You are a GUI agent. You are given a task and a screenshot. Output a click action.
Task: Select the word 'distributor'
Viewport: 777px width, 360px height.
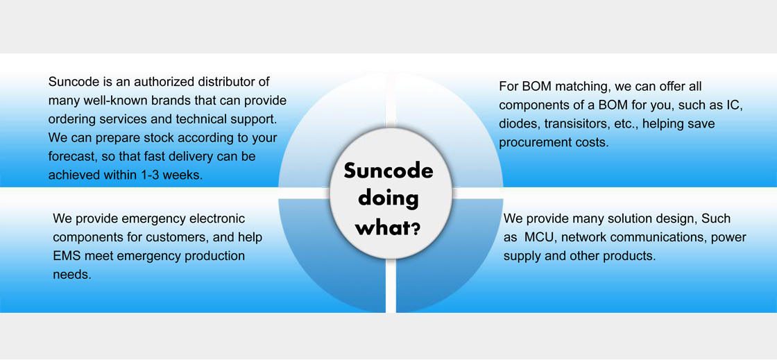click(x=239, y=82)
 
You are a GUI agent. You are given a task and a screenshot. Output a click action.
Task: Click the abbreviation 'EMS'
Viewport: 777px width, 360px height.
click(x=68, y=256)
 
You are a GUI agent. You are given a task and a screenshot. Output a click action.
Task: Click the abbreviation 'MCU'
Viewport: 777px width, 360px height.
click(x=539, y=237)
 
